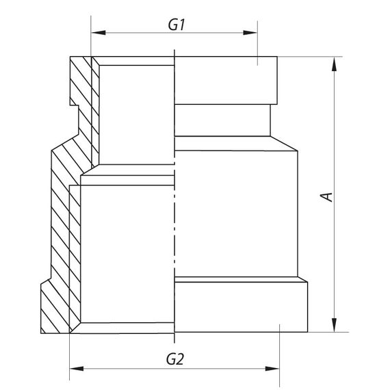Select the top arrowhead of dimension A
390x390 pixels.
pyautogui.click(x=335, y=63)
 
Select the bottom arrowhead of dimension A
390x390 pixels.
pyautogui.click(x=335, y=324)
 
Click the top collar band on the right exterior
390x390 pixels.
pyautogui.click(x=226, y=80)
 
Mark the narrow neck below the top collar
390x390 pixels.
pyautogui.click(x=222, y=120)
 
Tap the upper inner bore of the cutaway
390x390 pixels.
pyautogui.click(x=137, y=113)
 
